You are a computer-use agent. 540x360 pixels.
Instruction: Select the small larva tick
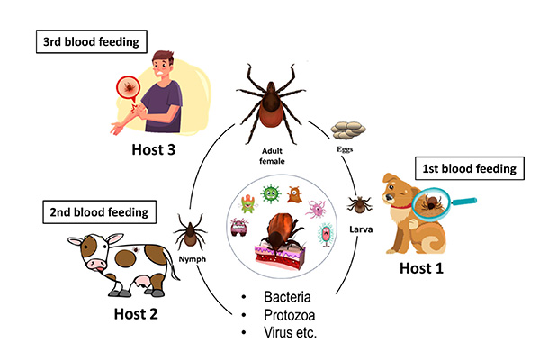coord(360,205)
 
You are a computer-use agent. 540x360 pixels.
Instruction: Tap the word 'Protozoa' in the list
coord(292,314)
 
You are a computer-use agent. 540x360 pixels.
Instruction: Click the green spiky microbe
coord(270,193)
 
